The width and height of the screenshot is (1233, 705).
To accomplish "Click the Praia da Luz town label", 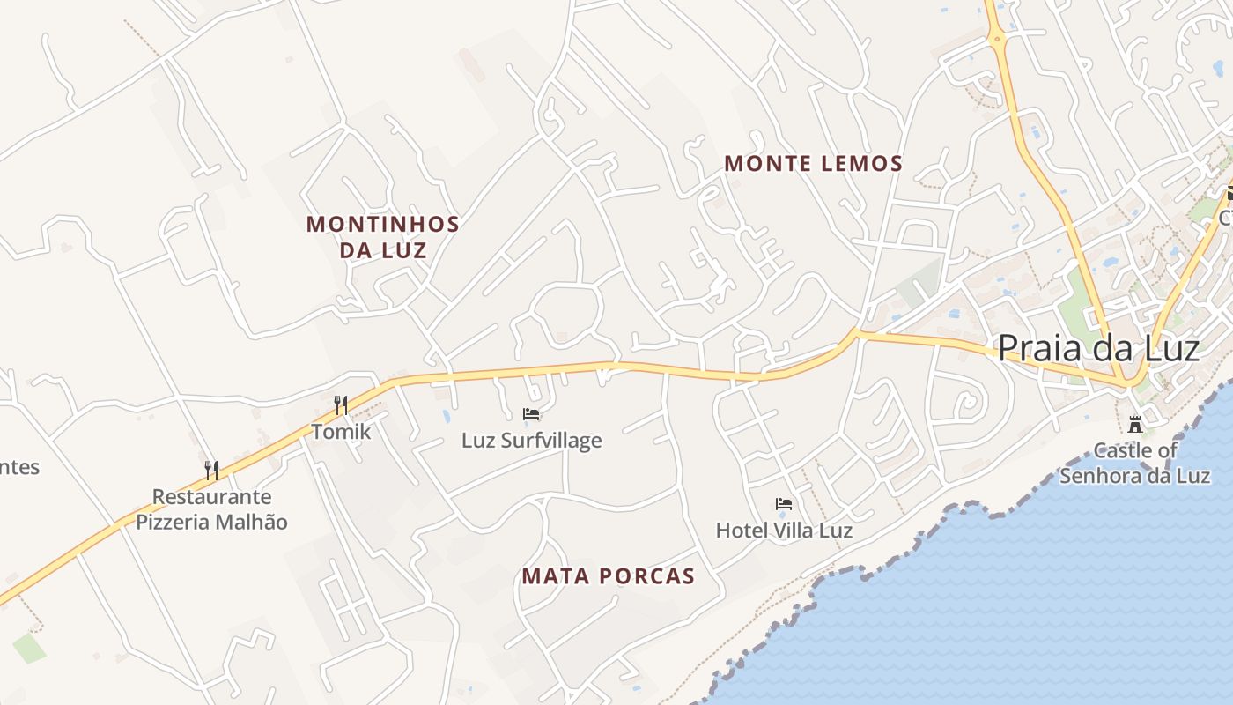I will coord(1098,348).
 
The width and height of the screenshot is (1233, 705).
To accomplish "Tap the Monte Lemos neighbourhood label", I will coord(813,163).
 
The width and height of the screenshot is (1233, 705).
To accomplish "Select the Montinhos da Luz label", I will coord(383,236).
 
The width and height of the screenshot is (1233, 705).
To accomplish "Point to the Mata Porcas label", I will coord(608,576).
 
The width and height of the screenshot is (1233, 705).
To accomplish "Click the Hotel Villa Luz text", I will coord(784,531).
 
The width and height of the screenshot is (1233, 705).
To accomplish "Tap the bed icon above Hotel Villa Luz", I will coord(784,504).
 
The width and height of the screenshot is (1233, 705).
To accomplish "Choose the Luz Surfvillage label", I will coord(532,440).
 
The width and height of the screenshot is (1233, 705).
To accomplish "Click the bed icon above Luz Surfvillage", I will coord(531,413).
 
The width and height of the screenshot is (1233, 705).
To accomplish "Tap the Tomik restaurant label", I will coord(341,432).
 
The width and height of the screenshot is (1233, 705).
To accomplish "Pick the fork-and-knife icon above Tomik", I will coord(341,404).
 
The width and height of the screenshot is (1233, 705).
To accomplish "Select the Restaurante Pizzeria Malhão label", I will coord(211,509).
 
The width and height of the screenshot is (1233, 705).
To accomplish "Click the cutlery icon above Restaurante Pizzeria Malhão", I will coord(211,470).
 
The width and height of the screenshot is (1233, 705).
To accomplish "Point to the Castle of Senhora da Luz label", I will coord(1134,463).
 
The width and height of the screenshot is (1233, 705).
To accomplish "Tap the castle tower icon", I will coord(1136,424).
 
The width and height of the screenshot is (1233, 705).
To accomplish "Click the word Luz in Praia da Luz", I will coord(1169,348).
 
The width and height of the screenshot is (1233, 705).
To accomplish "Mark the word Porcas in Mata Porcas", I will coord(650,576).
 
